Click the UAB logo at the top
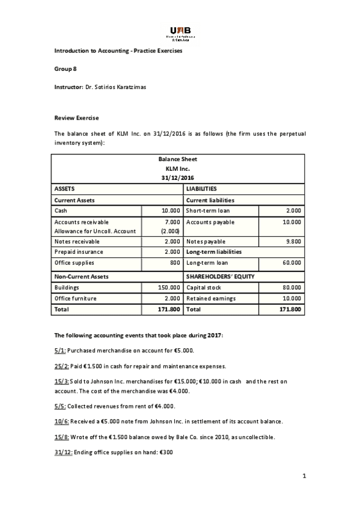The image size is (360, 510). (x=180, y=32)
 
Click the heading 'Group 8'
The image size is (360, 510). (x=66, y=69)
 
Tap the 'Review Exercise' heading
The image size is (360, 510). (x=76, y=117)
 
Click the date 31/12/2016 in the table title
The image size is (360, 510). (x=177, y=178)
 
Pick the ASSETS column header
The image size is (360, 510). (x=65, y=189)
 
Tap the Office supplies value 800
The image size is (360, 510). (x=174, y=263)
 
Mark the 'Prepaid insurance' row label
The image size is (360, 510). (x=79, y=251)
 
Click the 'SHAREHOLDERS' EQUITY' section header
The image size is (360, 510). (x=221, y=276)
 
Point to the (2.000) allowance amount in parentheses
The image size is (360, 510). (x=169, y=231)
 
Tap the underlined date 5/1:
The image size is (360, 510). (x=60, y=350)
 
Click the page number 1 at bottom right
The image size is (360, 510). (x=304, y=476)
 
